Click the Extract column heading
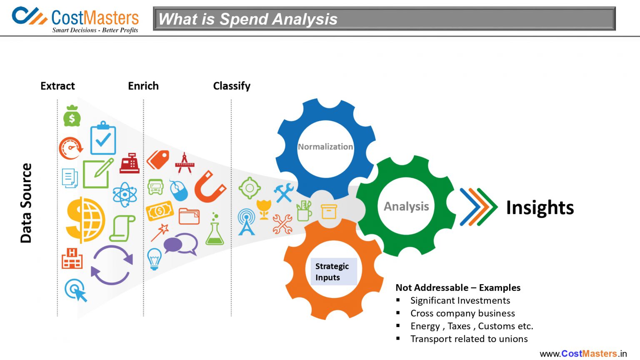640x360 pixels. click(x=57, y=86)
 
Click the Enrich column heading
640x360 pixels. click(x=143, y=86)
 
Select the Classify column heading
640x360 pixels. click(x=232, y=86)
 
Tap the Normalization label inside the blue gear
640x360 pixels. click(x=325, y=147)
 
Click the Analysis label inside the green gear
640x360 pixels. click(x=406, y=206)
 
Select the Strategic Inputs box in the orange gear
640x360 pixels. click(x=333, y=272)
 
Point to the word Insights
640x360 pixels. click(x=540, y=207)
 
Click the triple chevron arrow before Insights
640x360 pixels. click(x=478, y=207)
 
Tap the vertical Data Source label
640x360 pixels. click(x=26, y=203)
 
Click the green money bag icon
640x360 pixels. click(x=72, y=116)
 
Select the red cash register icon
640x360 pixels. click(x=130, y=163)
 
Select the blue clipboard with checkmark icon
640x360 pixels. click(x=103, y=139)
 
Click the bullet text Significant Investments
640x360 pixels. click(x=460, y=300)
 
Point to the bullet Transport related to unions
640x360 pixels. click(x=469, y=339)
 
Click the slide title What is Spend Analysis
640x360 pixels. click(x=248, y=19)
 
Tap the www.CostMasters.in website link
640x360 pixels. click(x=583, y=353)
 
